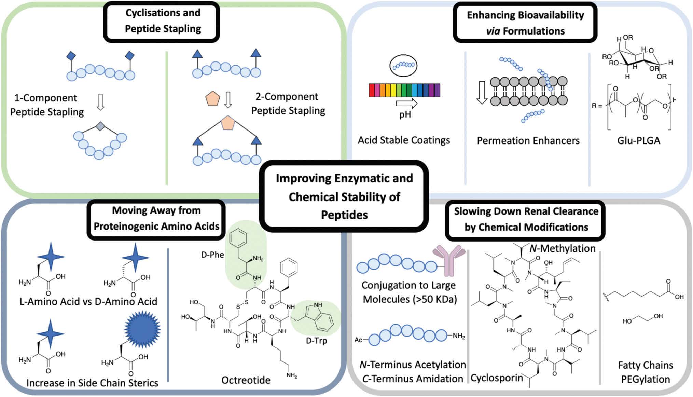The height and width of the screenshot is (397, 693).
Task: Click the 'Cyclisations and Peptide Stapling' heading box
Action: point(162,21)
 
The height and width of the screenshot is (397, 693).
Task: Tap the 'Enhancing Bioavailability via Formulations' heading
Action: point(525,23)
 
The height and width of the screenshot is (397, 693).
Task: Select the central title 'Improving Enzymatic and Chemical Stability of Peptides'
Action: point(344,196)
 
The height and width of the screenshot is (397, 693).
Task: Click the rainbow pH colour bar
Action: point(404,90)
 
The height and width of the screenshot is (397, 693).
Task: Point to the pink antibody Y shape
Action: point(448,260)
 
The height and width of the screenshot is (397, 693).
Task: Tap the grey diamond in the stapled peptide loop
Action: point(100,126)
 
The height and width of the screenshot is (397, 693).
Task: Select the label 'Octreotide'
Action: point(246,380)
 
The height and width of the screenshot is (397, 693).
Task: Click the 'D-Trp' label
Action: point(316,341)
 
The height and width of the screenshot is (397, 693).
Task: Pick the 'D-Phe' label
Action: point(212,255)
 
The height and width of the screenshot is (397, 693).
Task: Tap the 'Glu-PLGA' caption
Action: point(638,140)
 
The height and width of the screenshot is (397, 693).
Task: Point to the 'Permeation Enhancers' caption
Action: point(528,140)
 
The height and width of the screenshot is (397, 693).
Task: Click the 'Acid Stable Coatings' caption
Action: point(404,140)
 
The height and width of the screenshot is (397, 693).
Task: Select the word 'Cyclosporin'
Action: point(497,378)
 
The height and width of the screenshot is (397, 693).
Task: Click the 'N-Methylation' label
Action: point(562,248)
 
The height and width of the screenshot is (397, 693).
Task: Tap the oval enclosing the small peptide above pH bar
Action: point(403,65)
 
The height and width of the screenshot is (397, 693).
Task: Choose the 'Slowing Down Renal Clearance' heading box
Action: point(525,219)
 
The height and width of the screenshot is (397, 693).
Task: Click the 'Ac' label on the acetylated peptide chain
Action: point(358,340)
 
